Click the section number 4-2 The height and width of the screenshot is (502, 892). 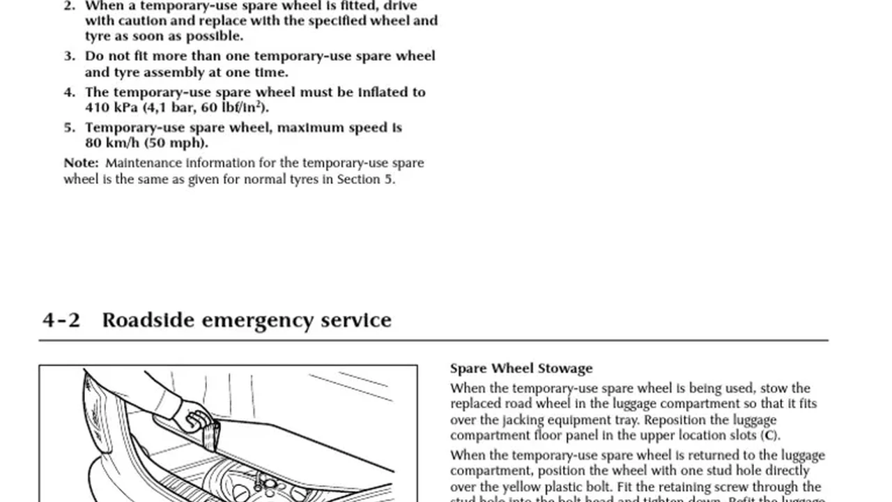(61, 320)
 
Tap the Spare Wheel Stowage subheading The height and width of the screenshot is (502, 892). (521, 368)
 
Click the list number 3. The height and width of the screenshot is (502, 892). (69, 56)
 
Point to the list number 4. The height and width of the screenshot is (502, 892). (69, 92)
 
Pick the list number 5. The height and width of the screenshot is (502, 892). (69, 128)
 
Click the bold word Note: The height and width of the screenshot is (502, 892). (82, 163)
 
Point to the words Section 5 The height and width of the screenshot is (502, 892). (365, 179)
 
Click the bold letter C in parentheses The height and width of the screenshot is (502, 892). (769, 436)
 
